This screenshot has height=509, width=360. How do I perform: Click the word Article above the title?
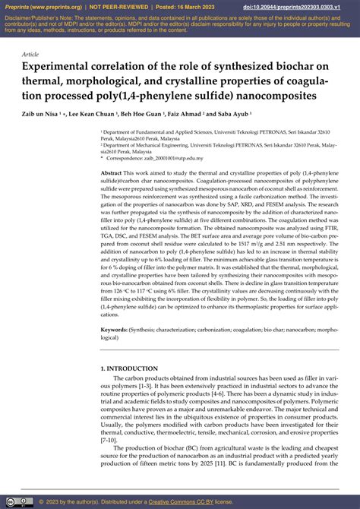pos(31,55)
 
